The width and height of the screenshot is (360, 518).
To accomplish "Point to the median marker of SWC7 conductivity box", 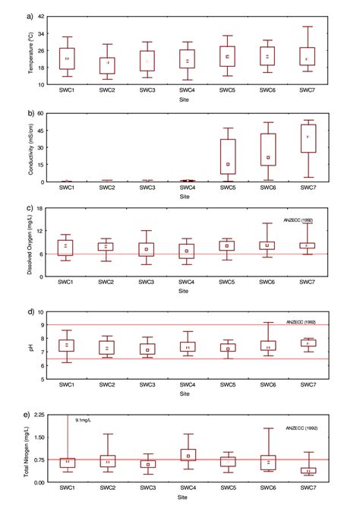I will [307, 137].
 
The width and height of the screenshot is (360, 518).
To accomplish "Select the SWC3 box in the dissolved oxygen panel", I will [147, 249].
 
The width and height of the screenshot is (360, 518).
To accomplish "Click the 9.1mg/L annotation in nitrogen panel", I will [84, 419].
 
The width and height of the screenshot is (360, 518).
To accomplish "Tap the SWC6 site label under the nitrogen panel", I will [267, 490].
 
